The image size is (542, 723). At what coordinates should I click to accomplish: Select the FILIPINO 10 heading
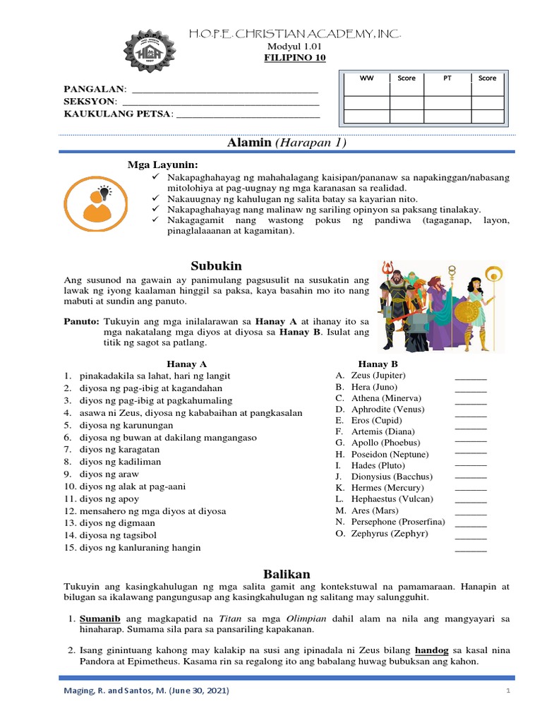(296, 58)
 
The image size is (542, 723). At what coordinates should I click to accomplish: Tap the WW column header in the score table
(366, 78)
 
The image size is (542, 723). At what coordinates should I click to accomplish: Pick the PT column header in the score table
(447, 78)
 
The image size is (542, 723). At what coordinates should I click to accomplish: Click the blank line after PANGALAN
(225, 90)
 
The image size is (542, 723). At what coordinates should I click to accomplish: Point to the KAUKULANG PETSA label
(118, 114)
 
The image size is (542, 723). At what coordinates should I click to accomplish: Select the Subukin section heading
(216, 265)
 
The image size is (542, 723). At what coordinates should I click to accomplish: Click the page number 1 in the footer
(507, 691)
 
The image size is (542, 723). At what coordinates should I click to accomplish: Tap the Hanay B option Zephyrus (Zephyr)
(390, 533)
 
